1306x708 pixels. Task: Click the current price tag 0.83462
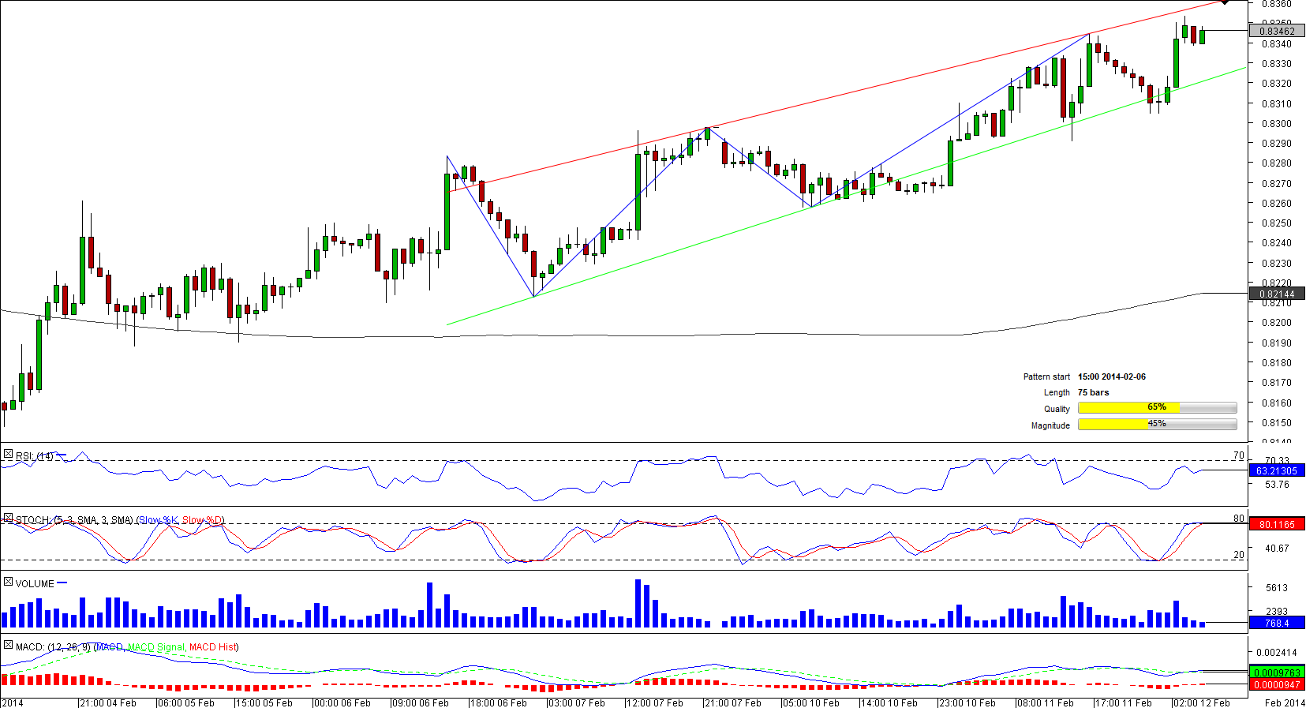(x=1277, y=32)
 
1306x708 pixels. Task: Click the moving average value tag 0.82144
(x=1277, y=294)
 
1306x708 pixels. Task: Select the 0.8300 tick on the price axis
(x=1276, y=124)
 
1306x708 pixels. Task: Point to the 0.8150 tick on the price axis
(x=1276, y=422)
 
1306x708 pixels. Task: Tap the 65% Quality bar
(x=1157, y=407)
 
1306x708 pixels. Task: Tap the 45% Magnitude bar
(x=1157, y=424)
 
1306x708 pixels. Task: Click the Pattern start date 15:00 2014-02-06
(x=1112, y=377)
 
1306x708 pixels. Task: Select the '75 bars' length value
(x=1093, y=393)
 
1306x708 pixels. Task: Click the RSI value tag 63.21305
(x=1277, y=471)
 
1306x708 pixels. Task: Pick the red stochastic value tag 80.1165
(x=1277, y=524)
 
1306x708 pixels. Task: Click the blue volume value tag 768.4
(x=1277, y=624)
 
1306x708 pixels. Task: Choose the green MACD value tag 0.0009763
(x=1277, y=673)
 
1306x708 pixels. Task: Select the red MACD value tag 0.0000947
(x=1277, y=685)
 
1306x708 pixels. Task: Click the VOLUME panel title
(x=35, y=584)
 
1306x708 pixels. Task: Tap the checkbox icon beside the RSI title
(x=8, y=455)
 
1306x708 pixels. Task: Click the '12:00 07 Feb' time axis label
(x=655, y=702)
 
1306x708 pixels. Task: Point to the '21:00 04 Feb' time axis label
(x=108, y=702)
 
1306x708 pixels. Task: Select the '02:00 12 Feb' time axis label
(x=1202, y=702)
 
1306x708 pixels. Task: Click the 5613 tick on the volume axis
(x=1276, y=588)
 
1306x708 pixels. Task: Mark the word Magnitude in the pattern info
(x=1050, y=425)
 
